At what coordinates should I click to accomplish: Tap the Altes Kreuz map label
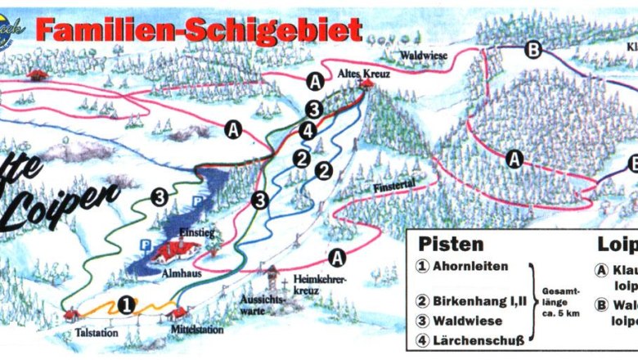[x=365, y=73]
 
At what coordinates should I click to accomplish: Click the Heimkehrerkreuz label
[x=319, y=284]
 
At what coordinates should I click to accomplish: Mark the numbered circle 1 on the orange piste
[x=125, y=304]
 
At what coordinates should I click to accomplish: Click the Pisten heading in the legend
[x=451, y=244]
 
